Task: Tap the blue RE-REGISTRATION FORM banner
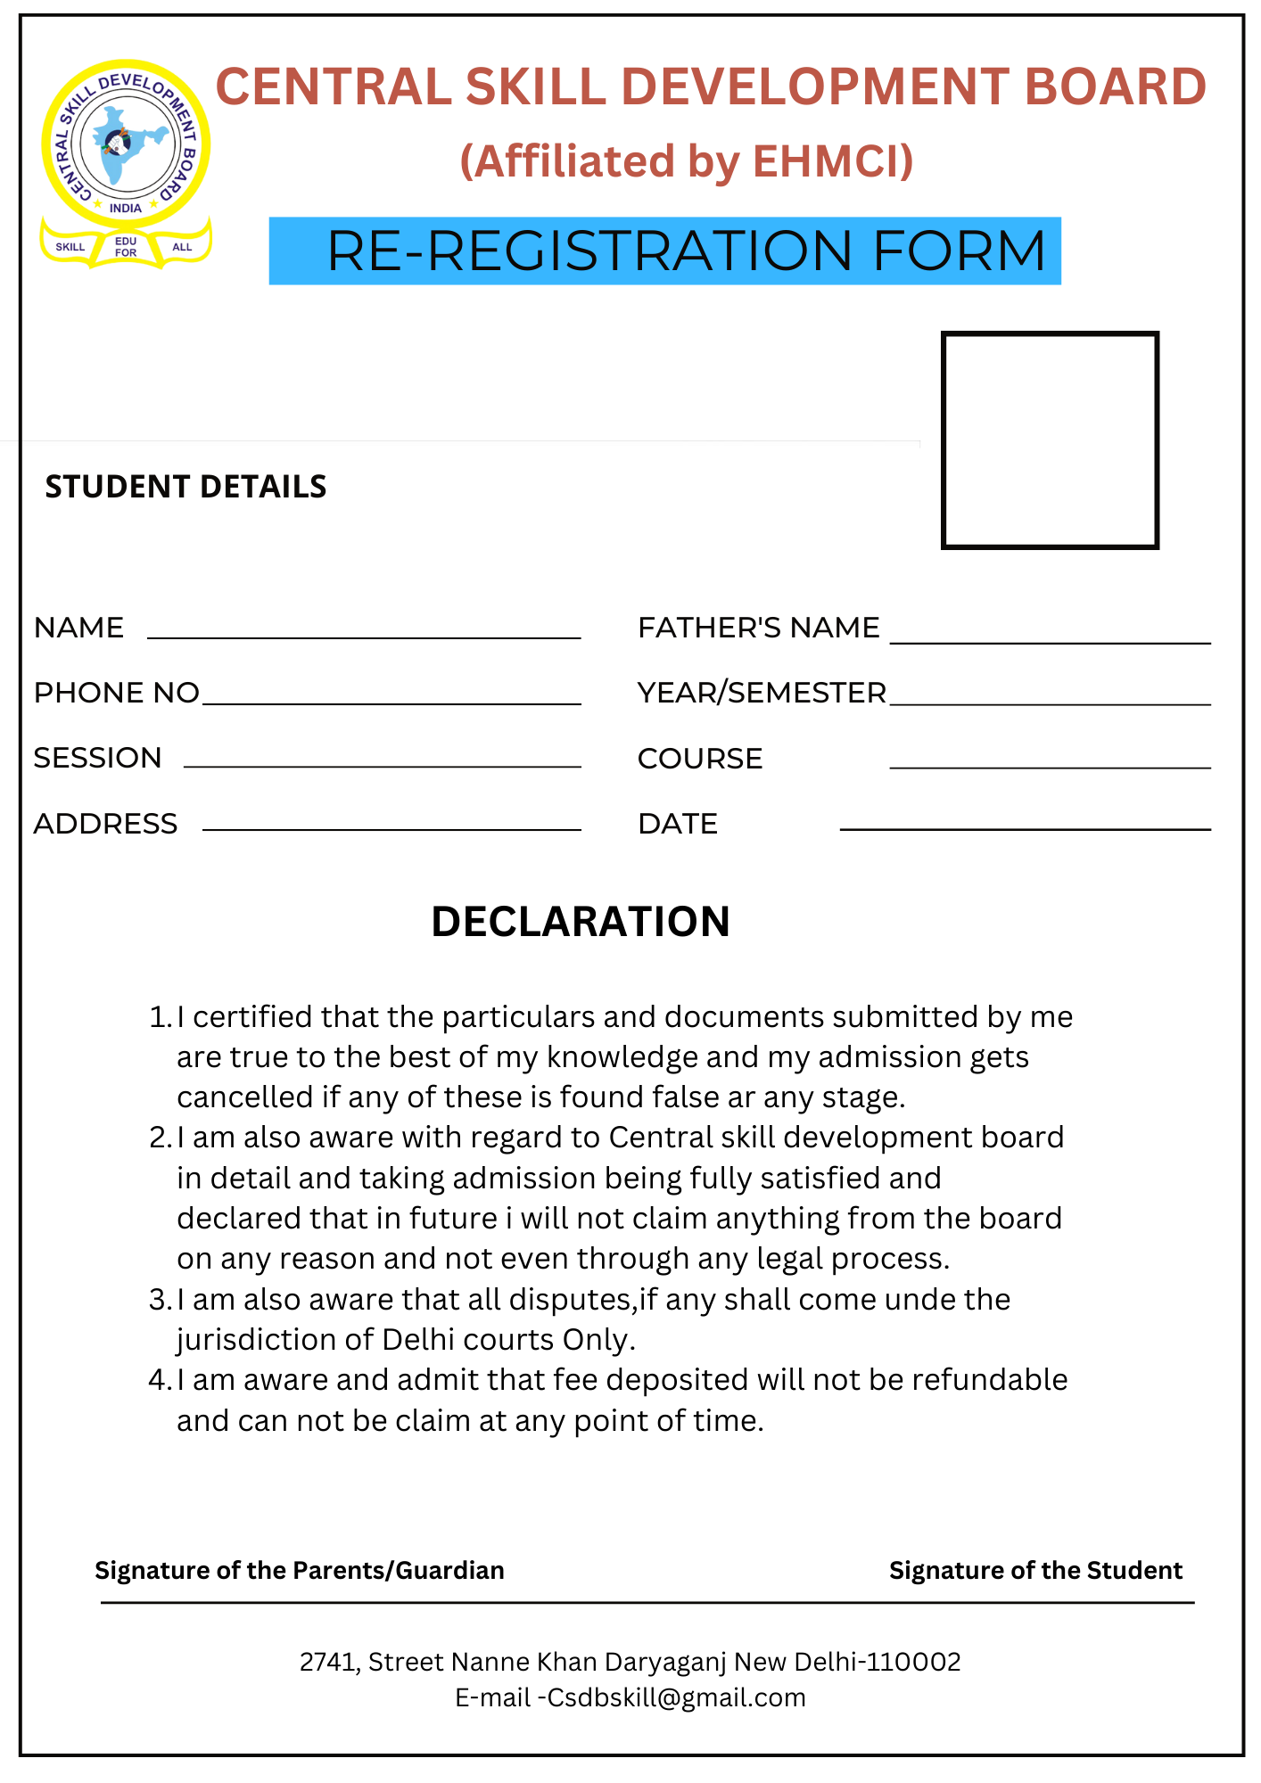[x=664, y=251]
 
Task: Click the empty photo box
[x=1050, y=440]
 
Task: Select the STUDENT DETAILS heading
[x=185, y=487]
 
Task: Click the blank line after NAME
[x=364, y=635]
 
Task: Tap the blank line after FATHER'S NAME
[x=1050, y=639]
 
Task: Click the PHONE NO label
[x=116, y=693]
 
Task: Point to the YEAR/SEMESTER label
[x=762, y=693]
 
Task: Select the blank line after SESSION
[x=382, y=763]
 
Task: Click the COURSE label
[x=700, y=759]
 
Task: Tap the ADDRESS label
[x=105, y=824]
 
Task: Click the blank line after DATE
[x=1025, y=826]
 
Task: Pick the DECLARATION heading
[x=581, y=922]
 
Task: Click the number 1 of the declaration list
[x=158, y=1017]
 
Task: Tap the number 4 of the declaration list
[x=158, y=1380]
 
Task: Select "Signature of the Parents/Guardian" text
[x=300, y=1570]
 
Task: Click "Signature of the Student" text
[x=1035, y=1570]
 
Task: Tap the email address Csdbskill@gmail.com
[x=676, y=1697]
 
